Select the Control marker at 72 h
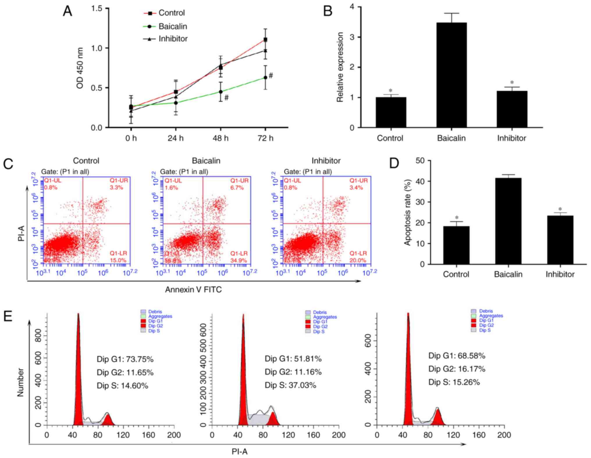[x=265, y=39]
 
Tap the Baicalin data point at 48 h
[x=220, y=92]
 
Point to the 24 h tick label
[x=175, y=138]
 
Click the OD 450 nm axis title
[x=80, y=68]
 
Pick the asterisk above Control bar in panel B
[x=391, y=91]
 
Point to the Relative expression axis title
[x=340, y=67]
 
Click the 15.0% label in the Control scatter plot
[x=118, y=260]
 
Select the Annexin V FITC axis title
[x=193, y=290]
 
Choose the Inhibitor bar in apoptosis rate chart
[x=560, y=240]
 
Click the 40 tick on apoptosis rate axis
[x=420, y=181]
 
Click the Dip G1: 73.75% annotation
[x=125, y=359]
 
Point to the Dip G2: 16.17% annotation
[x=457, y=369]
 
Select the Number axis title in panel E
[x=20, y=382]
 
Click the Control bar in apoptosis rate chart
[x=456, y=245]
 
